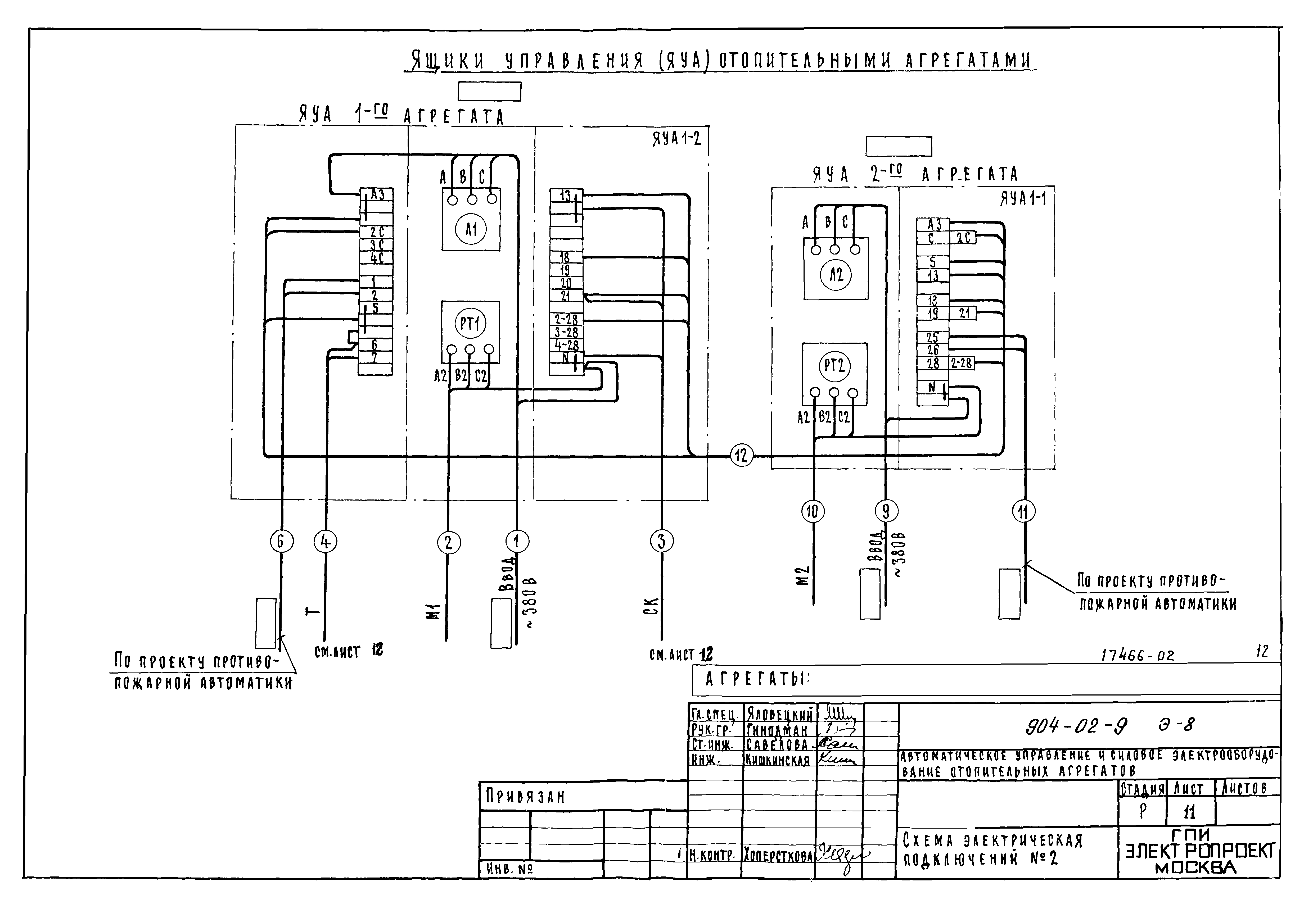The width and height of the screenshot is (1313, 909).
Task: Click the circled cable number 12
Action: [741, 456]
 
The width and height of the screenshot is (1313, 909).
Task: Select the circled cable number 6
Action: [281, 541]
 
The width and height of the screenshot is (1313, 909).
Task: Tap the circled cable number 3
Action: [661, 541]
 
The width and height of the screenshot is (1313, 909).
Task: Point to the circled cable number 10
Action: [813, 511]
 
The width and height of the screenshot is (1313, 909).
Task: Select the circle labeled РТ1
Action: [470, 324]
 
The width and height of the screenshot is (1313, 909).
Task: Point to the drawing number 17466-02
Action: [1137, 656]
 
